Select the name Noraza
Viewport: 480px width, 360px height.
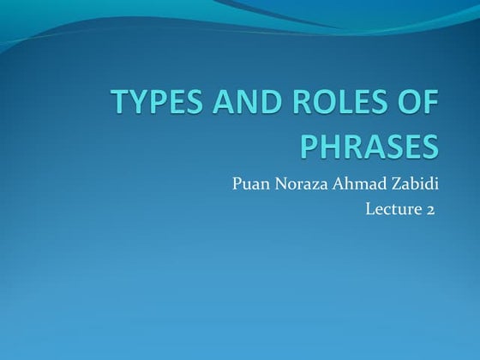(300, 183)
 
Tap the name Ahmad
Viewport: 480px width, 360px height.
(360, 183)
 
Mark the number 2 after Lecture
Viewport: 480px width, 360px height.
(429, 209)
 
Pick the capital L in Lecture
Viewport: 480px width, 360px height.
(370, 208)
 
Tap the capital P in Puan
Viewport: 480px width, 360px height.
(237, 183)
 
